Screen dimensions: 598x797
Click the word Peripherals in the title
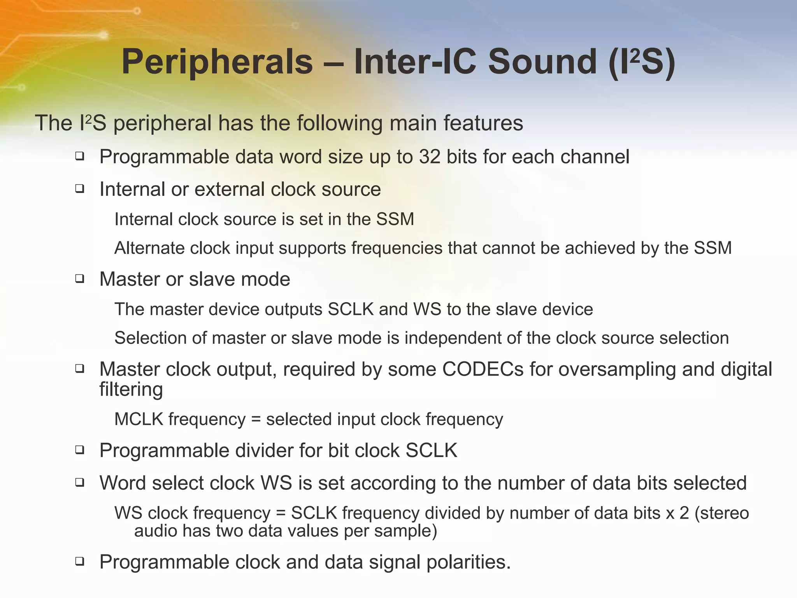tap(217, 62)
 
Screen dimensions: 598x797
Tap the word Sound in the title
tap(542, 62)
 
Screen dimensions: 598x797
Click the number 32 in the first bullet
tap(430, 157)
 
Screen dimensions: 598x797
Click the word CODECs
tap(483, 369)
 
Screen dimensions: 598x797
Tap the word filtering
tap(131, 389)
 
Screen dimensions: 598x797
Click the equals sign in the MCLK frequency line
tap(255, 420)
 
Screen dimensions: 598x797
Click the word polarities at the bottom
tap(468, 562)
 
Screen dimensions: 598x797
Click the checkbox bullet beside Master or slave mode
tap(80, 279)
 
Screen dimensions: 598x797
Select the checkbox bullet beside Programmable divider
tap(80, 450)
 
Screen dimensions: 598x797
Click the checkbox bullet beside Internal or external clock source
tap(80, 189)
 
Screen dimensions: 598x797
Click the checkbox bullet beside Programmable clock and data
tap(80, 561)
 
